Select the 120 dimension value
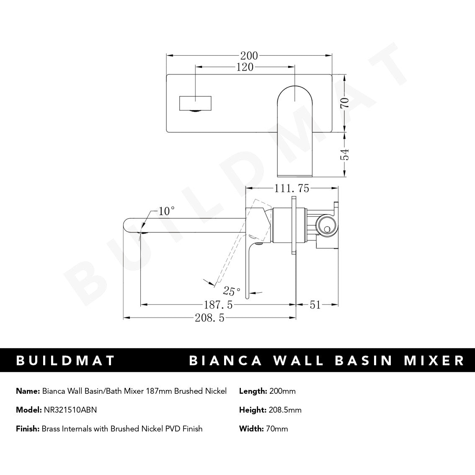tap(245, 67)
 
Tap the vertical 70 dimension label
tap(345, 103)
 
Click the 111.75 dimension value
tap(292, 189)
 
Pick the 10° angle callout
tap(166, 211)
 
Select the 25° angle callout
tap(231, 290)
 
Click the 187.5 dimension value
tap(218, 305)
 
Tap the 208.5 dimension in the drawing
tap(209, 318)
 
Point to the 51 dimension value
tap(315, 305)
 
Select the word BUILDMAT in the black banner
tap(65, 360)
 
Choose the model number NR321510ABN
tap(70, 410)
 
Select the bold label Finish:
tap(27, 429)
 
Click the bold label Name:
tap(28, 391)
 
